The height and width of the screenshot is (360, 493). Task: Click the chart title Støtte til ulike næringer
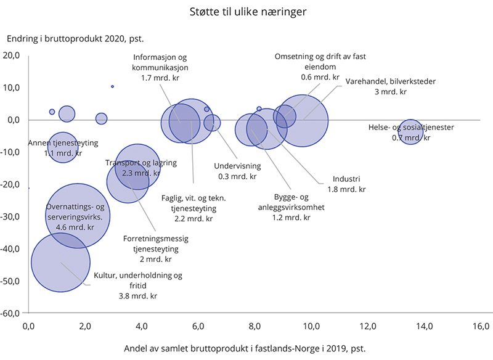pyautogui.click(x=246, y=10)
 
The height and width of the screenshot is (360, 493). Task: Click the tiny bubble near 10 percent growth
pyautogui.click(x=112, y=87)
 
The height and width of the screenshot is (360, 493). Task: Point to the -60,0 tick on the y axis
pyautogui.click(x=13, y=313)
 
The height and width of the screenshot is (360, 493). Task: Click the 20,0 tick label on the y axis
pyautogui.click(x=13, y=55)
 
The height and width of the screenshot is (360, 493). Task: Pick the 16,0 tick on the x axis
pyautogui.click(x=480, y=325)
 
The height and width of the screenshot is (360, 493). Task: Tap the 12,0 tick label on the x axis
pyautogui.click(x=368, y=325)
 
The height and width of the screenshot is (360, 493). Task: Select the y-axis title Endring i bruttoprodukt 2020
pyautogui.click(x=75, y=39)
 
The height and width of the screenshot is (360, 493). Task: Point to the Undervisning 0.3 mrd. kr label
pyautogui.click(x=237, y=171)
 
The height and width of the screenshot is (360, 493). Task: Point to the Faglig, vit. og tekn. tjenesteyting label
pyautogui.click(x=194, y=208)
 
